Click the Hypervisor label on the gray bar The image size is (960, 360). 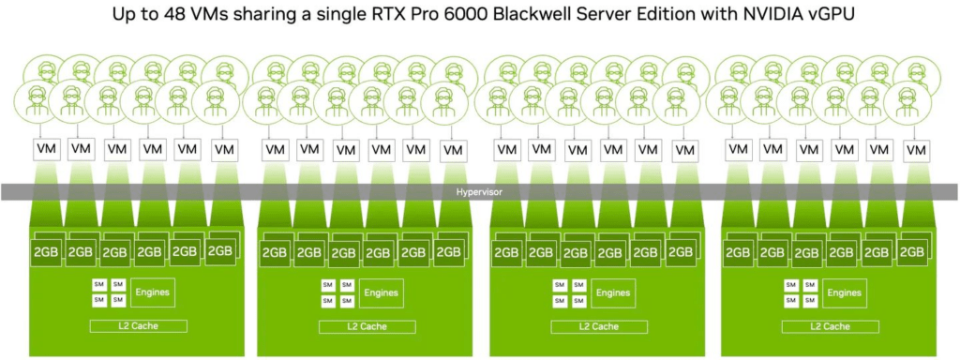479,192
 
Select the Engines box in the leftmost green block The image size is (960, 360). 152,292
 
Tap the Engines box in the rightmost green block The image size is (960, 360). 845,293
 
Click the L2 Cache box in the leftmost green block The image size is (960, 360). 139,325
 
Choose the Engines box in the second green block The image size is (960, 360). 381,292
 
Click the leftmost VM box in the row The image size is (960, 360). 47,149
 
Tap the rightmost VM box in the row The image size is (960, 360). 916,150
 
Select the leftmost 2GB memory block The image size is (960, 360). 47,252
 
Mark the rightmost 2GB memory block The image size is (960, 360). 912,252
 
